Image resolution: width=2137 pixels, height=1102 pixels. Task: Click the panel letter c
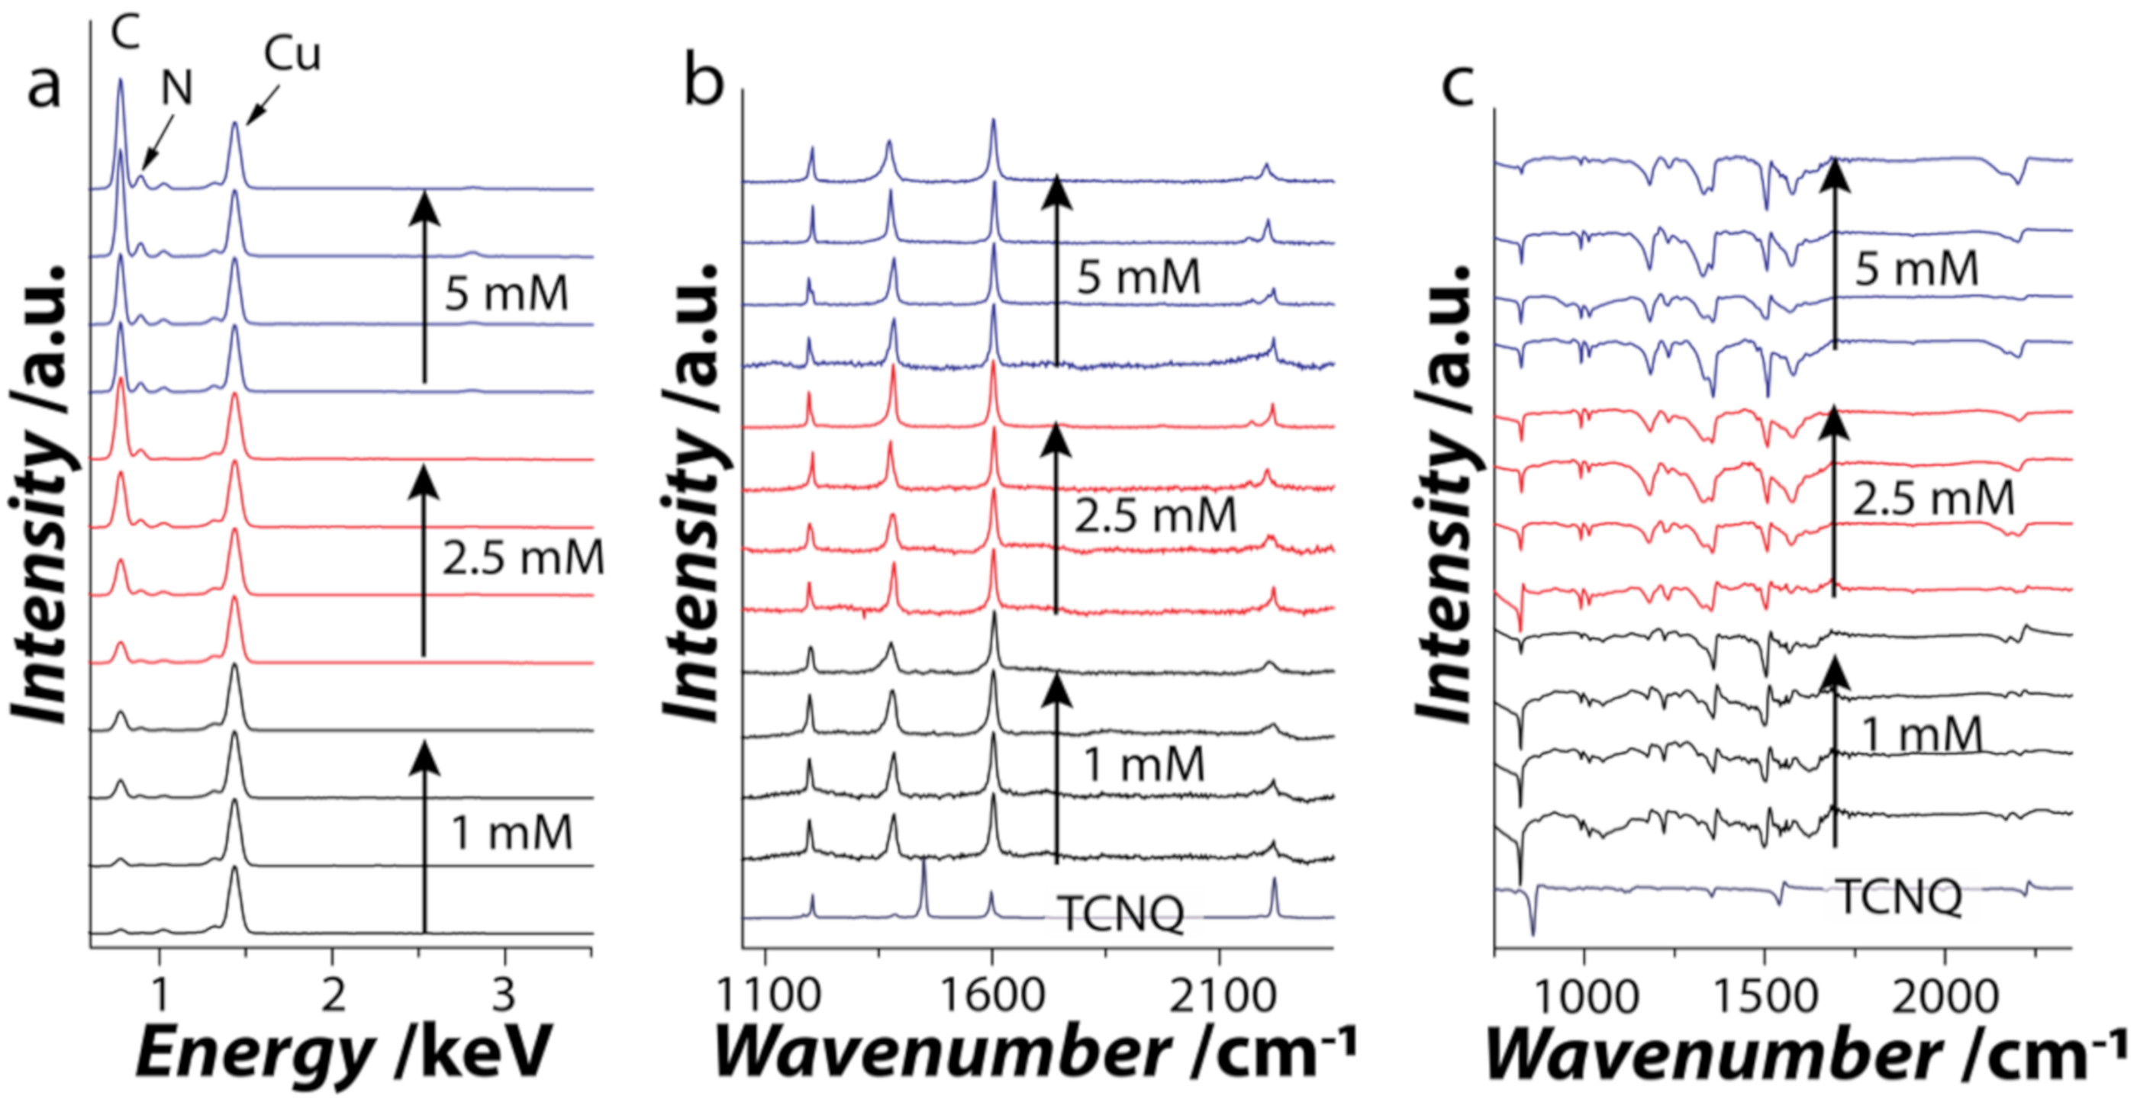[x=1458, y=85]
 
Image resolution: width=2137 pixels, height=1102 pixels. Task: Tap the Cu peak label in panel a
[x=292, y=56]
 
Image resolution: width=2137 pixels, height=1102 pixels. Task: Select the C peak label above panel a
[x=126, y=32]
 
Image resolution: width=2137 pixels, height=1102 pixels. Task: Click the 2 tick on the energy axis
[x=333, y=995]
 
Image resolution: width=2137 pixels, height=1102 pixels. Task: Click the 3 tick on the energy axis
[x=504, y=995]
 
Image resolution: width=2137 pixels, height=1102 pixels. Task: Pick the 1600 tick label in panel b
[x=992, y=995]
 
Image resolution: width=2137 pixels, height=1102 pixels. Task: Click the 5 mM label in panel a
[x=506, y=294]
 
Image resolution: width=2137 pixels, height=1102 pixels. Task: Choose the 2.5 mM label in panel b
[x=1156, y=516]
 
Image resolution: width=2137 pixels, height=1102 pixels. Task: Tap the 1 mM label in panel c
[x=1921, y=734]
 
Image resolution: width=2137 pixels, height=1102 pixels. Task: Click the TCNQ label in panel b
[x=1123, y=914]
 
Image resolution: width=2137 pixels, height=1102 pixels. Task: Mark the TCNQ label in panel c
[x=1900, y=897]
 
